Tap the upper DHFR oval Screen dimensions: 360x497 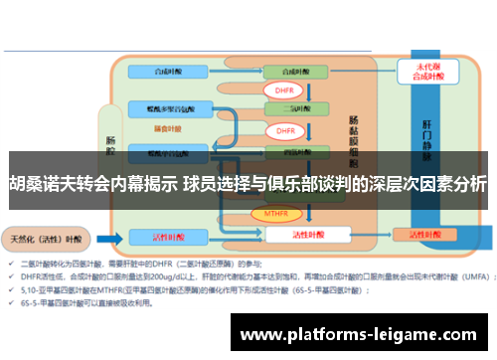tap(281, 90)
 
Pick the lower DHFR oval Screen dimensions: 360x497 tap(284, 130)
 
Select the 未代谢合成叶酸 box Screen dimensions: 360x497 tap(416, 72)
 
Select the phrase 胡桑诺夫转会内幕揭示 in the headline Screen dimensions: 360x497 tap(93, 184)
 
